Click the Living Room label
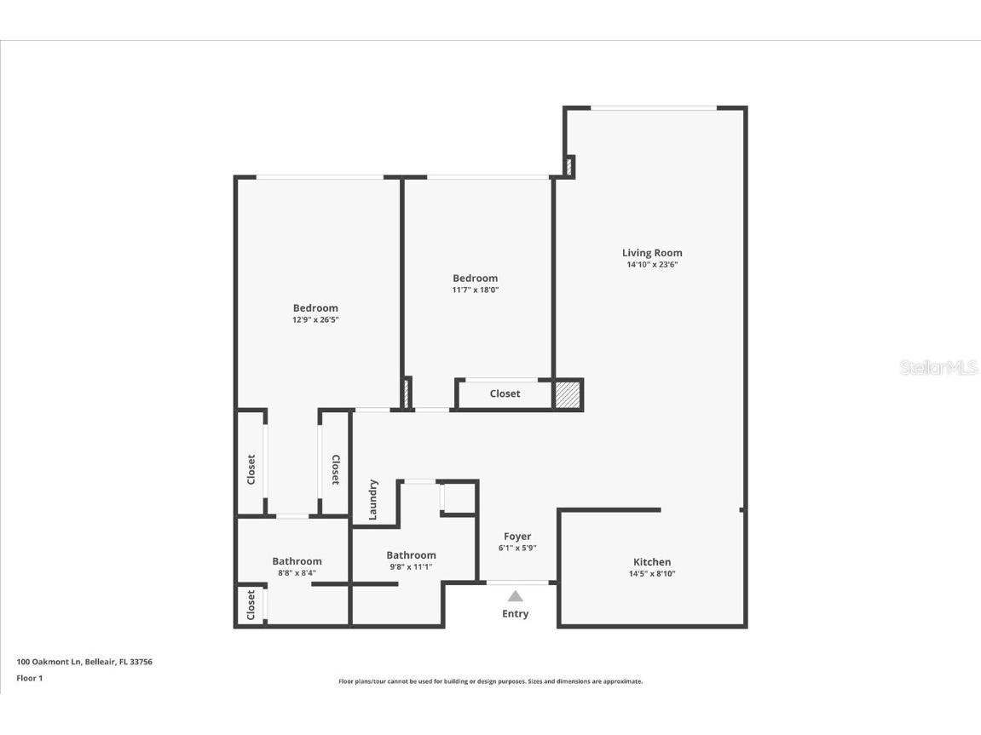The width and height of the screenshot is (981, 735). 652,253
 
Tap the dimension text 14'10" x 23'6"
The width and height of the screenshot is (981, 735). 652,265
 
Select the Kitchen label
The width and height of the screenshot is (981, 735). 652,562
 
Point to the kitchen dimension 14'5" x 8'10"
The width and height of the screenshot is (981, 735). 652,574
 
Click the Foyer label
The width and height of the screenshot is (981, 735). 517,537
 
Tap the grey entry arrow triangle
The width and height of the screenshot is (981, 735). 516,596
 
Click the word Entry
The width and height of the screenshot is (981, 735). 516,614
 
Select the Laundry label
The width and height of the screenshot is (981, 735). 373,500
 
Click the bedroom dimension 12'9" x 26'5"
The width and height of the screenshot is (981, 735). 315,320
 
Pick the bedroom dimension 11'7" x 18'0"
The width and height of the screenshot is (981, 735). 475,290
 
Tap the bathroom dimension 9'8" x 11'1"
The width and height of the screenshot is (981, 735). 411,567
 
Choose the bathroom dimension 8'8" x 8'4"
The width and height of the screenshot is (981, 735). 297,573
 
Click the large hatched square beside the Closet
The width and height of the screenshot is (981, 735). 568,394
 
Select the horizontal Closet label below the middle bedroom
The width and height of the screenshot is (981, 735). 505,394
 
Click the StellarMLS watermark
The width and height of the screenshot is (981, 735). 938,368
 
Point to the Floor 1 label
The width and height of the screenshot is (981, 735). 29,679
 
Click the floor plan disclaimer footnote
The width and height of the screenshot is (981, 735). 490,681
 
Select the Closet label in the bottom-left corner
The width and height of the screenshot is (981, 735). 251,606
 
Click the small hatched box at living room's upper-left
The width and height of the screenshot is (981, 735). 569,166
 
